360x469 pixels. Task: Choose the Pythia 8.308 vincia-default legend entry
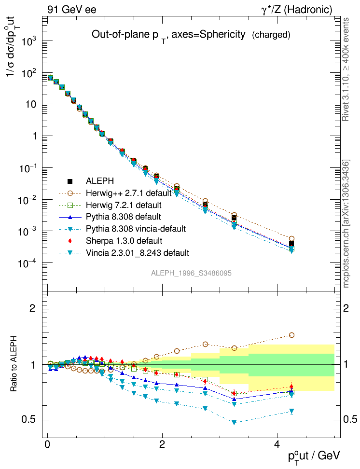pyautogui.click(x=136, y=229)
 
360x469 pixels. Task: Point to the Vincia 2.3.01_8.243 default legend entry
pyautogui.click(x=137, y=252)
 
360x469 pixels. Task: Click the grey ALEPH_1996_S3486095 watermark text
pyautogui.click(x=192, y=273)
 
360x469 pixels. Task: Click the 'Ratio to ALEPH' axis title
pyautogui.click(x=14, y=364)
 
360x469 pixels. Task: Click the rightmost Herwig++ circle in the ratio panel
pyautogui.click(x=291, y=335)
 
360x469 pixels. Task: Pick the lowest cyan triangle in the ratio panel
pyautogui.click(x=234, y=422)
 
